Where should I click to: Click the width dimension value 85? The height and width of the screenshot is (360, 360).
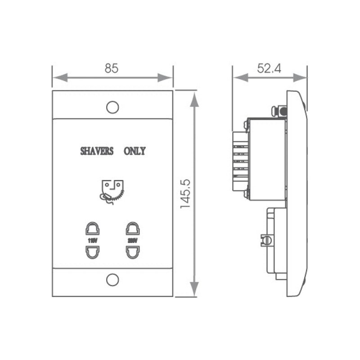[x=112, y=68]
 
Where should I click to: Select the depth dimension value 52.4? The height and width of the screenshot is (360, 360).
[x=269, y=68]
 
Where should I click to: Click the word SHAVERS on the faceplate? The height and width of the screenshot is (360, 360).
[x=97, y=151]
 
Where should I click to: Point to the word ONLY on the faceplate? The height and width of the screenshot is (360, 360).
[x=135, y=151]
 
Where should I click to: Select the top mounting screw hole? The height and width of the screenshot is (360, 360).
[x=112, y=107]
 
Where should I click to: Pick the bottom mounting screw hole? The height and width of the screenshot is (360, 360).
[x=112, y=279]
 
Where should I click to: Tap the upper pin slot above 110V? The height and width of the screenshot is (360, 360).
[x=92, y=229]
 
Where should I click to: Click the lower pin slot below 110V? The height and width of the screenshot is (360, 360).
[x=92, y=253]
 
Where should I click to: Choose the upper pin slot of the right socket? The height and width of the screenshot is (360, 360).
[x=132, y=229]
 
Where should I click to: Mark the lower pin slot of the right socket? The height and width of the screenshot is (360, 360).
[x=132, y=253]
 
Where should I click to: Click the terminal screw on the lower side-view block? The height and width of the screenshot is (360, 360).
[x=266, y=240]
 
